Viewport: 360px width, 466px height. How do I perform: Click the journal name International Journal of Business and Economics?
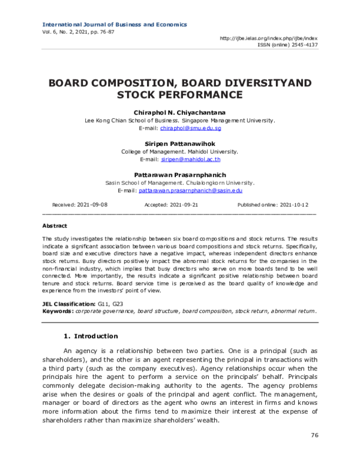click(115, 25)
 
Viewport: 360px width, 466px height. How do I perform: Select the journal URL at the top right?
click(269, 38)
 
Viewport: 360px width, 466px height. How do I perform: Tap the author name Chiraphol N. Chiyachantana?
click(180, 113)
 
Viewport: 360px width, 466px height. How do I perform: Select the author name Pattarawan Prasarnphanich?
click(180, 175)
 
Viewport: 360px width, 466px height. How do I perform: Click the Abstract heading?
click(55, 226)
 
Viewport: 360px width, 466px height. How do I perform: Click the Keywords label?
click(58, 311)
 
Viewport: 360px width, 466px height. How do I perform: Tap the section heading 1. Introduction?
click(91, 336)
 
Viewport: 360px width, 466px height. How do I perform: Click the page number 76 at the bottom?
click(314, 435)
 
